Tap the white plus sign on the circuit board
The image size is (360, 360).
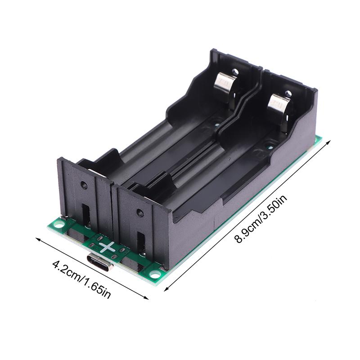pyautogui.click(x=107, y=247)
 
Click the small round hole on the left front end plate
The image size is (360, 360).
pyautogui.click(x=84, y=184)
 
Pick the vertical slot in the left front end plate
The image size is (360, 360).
pyautogui.click(x=86, y=215)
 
